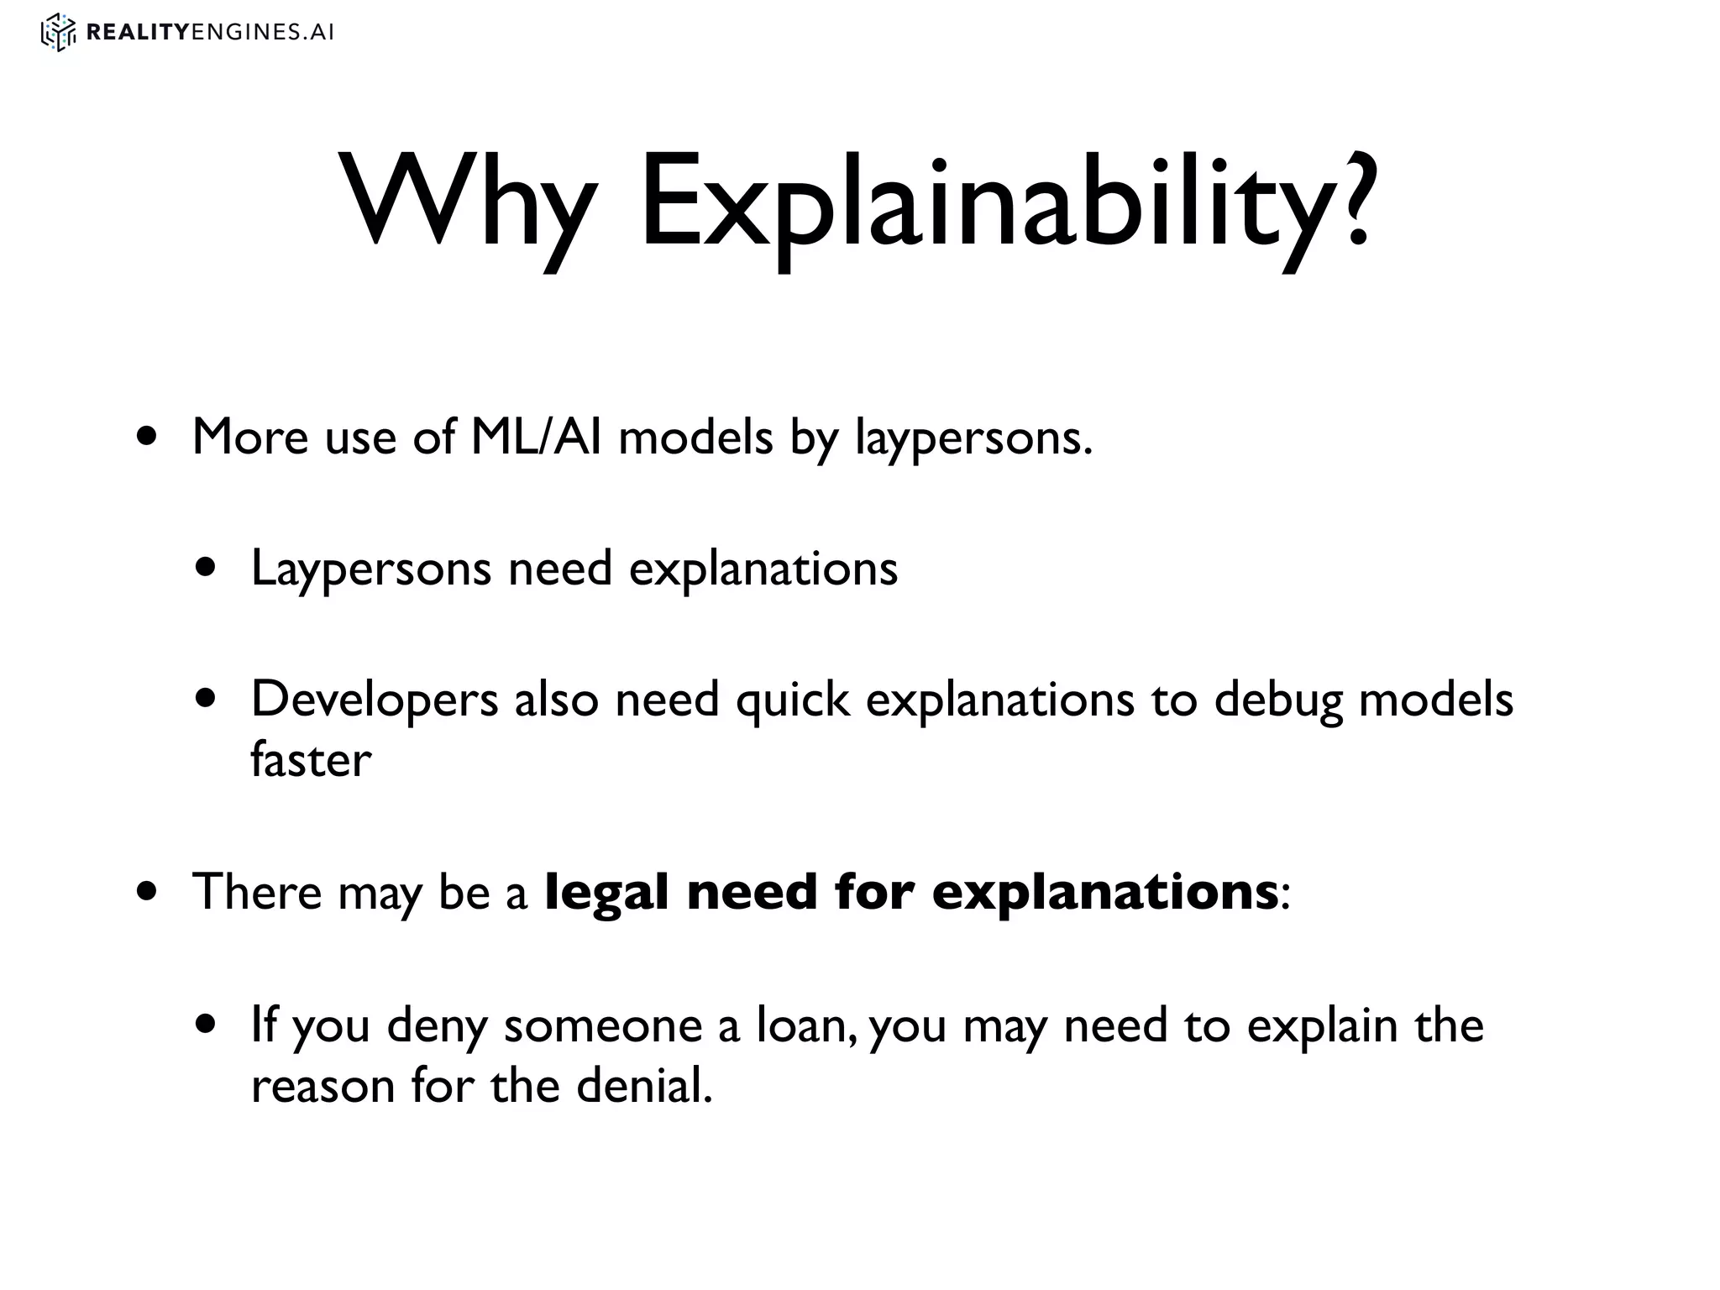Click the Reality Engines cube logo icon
[58, 33]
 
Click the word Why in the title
[466, 202]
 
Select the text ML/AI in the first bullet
[536, 437]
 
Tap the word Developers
[375, 700]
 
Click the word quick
[793, 700]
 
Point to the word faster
[311, 760]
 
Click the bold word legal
[608, 892]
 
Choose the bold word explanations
[1105, 892]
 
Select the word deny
[437, 1026]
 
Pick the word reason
[323, 1087]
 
